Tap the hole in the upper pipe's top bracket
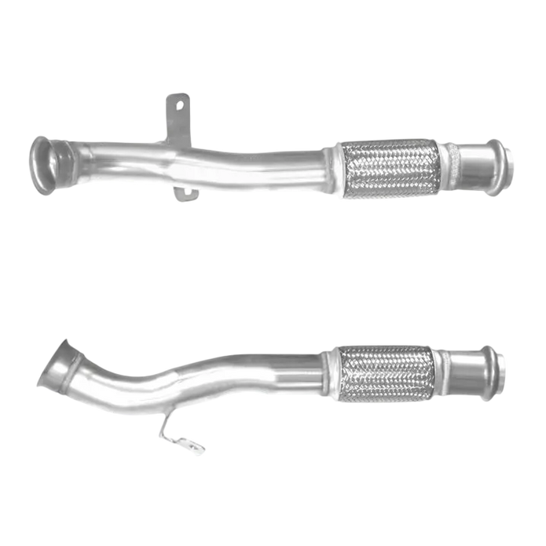point(179,102)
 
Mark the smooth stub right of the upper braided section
point(474,167)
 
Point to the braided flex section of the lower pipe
point(384,374)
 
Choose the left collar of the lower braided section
point(336,376)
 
